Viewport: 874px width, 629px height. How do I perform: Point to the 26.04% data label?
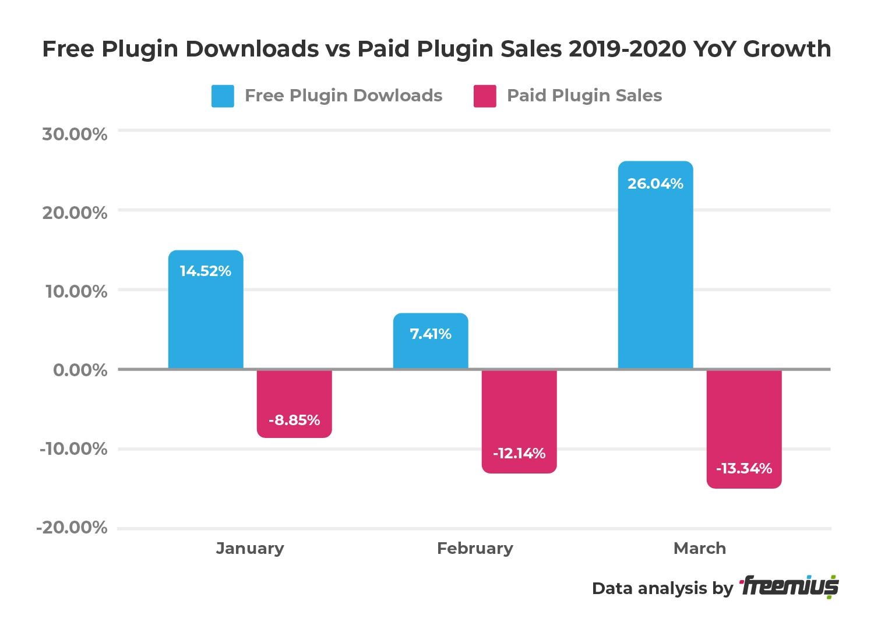[655, 184]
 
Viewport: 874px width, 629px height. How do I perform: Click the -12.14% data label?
[519, 453]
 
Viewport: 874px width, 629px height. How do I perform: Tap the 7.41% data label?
[431, 334]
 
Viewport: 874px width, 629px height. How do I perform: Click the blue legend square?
[223, 96]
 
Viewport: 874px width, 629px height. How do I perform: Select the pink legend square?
[485, 96]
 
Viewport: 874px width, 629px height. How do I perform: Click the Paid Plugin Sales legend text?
[584, 96]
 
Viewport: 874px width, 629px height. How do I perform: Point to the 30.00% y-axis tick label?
[75, 134]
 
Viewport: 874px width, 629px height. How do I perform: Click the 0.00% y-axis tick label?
[80, 370]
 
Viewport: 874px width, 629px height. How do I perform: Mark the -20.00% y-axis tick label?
[72, 528]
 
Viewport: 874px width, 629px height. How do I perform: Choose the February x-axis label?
[475, 548]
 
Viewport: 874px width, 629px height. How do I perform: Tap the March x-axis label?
[700, 548]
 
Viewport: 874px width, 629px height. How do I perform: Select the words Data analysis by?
[662, 588]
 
